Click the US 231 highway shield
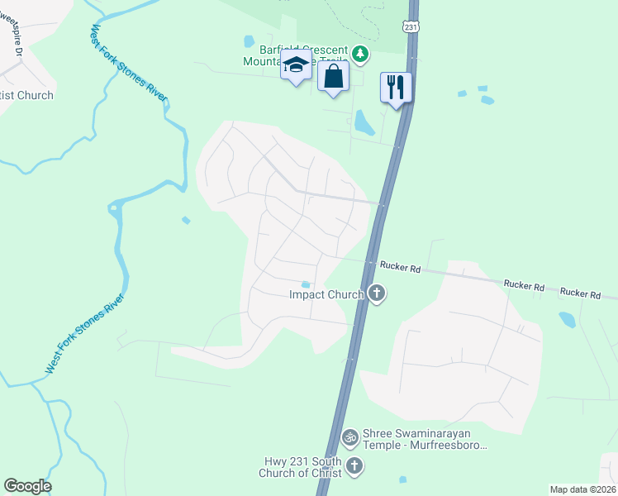point(411,27)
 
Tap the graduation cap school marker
point(296,65)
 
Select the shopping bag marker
point(333,76)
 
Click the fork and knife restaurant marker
point(396,86)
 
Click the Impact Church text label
point(326,294)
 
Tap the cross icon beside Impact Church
point(377,293)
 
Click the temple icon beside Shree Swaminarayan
point(350,436)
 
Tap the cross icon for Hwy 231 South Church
point(354,466)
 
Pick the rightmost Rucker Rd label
point(580,293)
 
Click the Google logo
point(27,486)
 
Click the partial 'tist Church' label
point(26,95)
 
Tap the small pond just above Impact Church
point(306,285)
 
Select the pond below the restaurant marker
point(364,123)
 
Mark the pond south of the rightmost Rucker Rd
point(567,319)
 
